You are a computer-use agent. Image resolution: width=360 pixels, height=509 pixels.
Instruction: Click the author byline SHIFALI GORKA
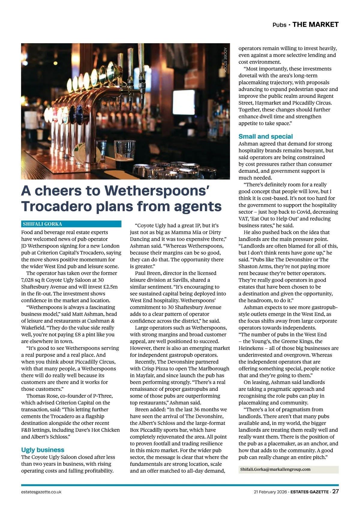click(x=42, y=224)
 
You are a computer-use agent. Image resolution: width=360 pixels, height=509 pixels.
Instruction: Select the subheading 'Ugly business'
click(x=43, y=450)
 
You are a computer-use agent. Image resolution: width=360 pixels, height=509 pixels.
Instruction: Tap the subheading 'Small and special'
click(x=265, y=136)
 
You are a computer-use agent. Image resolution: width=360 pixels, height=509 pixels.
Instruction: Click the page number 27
click(x=335, y=491)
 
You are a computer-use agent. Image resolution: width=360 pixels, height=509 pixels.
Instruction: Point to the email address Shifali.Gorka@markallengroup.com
click(x=275, y=469)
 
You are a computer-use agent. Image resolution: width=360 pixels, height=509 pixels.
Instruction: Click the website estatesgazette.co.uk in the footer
click(x=41, y=492)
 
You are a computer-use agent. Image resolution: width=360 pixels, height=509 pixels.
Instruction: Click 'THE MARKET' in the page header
click(x=315, y=25)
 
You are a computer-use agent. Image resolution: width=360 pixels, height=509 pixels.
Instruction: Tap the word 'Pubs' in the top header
click(x=279, y=25)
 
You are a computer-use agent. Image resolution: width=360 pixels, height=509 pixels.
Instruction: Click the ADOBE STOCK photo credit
click(x=225, y=60)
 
